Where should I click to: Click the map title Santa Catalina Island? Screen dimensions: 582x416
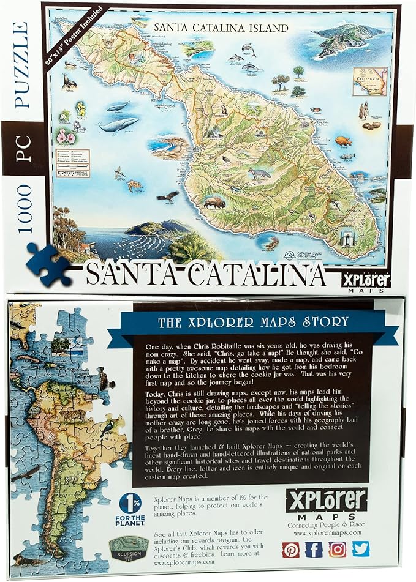point(221,28)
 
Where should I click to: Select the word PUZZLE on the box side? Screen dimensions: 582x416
point(21,64)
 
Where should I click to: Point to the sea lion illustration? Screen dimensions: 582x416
point(69,80)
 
